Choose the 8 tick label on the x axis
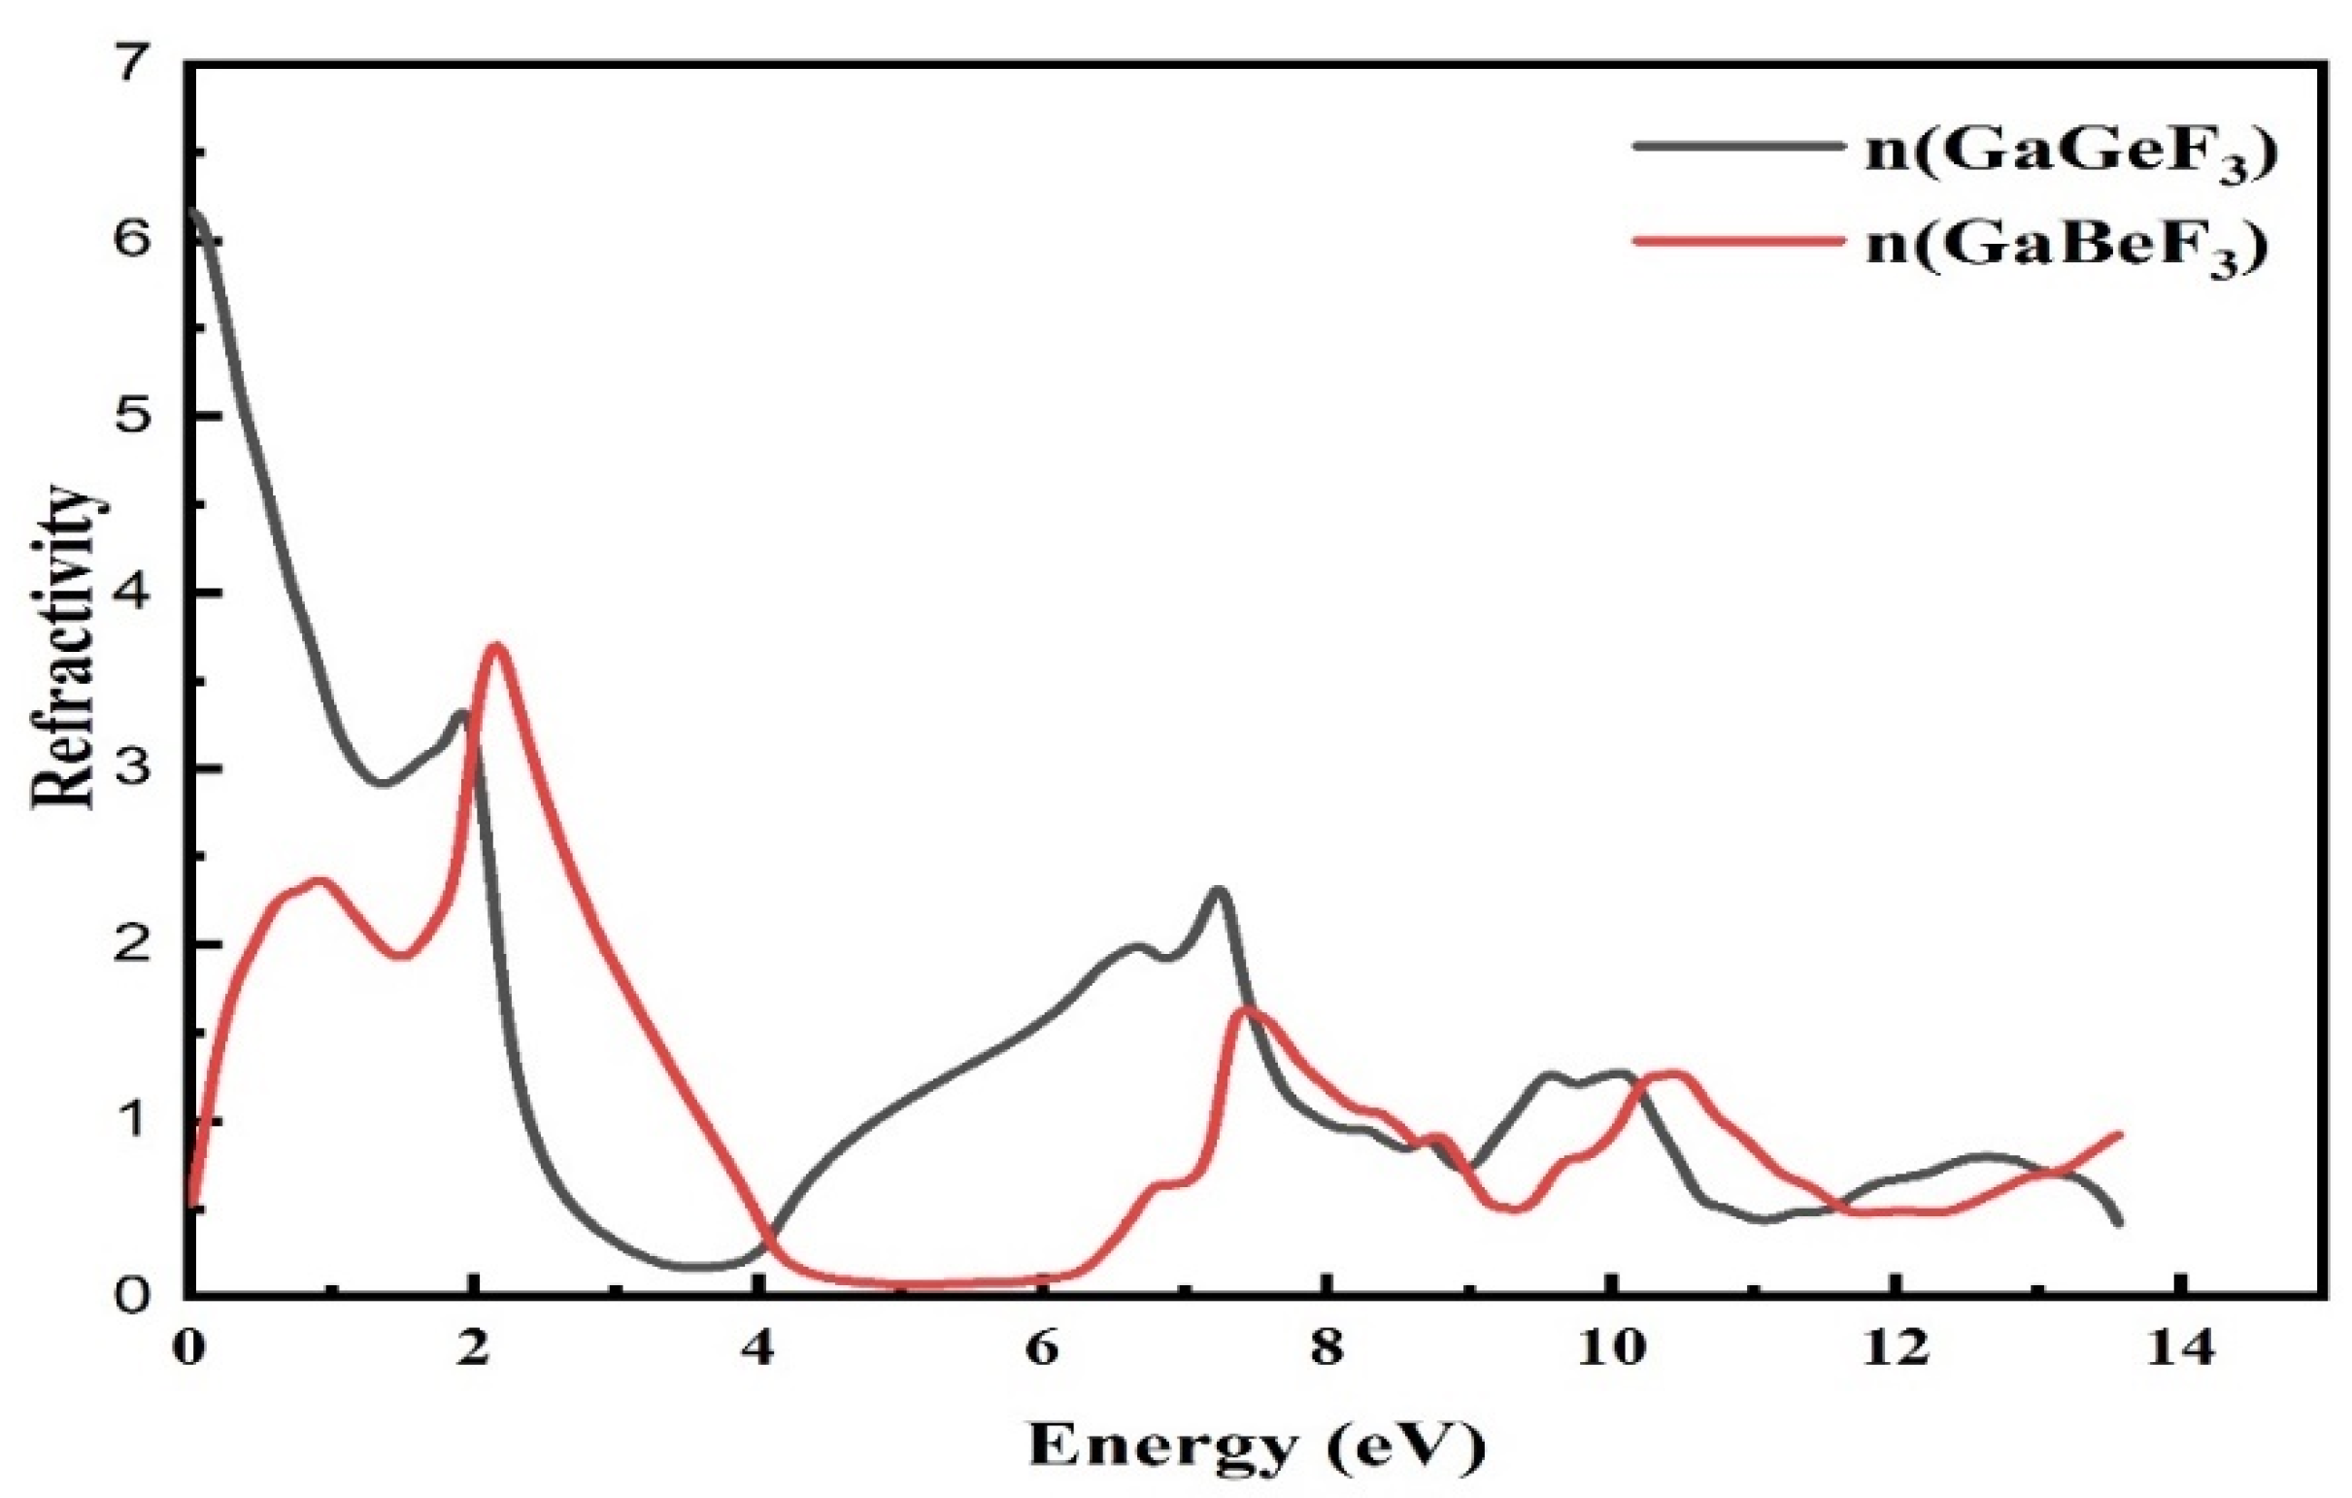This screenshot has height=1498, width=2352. point(1324,1350)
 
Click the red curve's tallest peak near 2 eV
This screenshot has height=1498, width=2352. point(496,646)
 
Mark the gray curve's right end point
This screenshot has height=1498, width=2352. point(2118,1222)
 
